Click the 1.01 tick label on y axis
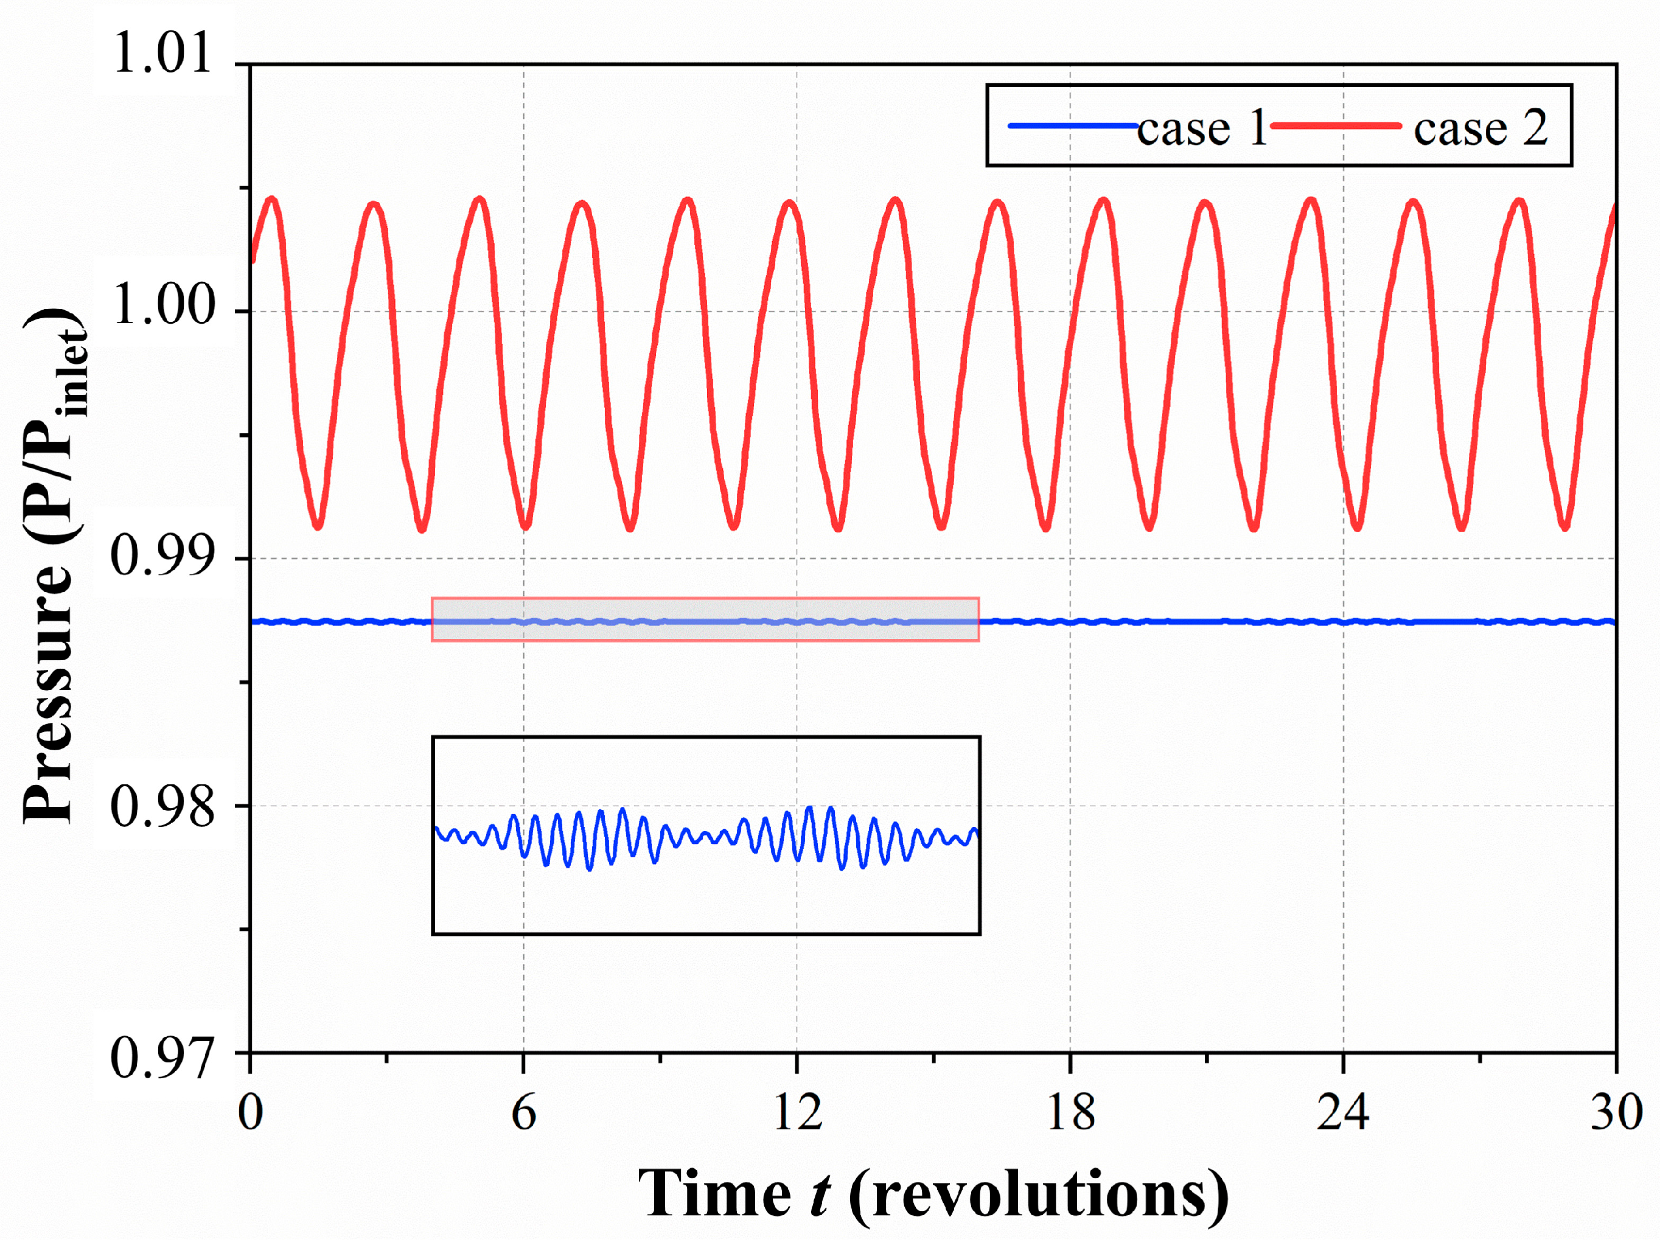point(162,54)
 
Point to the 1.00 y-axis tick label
point(162,305)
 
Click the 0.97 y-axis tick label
point(162,1058)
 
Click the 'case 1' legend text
point(1201,128)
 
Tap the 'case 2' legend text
point(1480,128)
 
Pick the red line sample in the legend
point(1336,125)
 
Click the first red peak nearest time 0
point(271,200)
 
